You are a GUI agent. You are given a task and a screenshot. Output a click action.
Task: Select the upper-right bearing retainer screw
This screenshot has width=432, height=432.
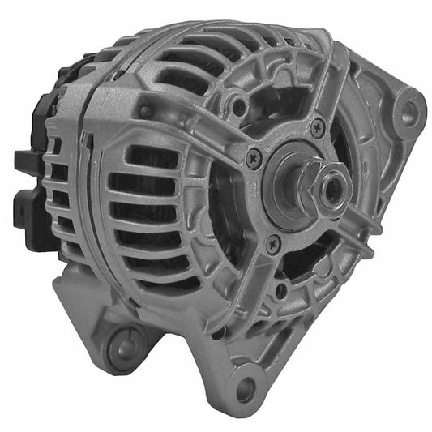pyautogui.click(x=318, y=128)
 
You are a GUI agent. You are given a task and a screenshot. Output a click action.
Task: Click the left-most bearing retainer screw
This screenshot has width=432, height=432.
pyautogui.click(x=254, y=159)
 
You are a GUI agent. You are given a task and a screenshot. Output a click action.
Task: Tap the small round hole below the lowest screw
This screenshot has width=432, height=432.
pyautogui.click(x=280, y=289)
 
